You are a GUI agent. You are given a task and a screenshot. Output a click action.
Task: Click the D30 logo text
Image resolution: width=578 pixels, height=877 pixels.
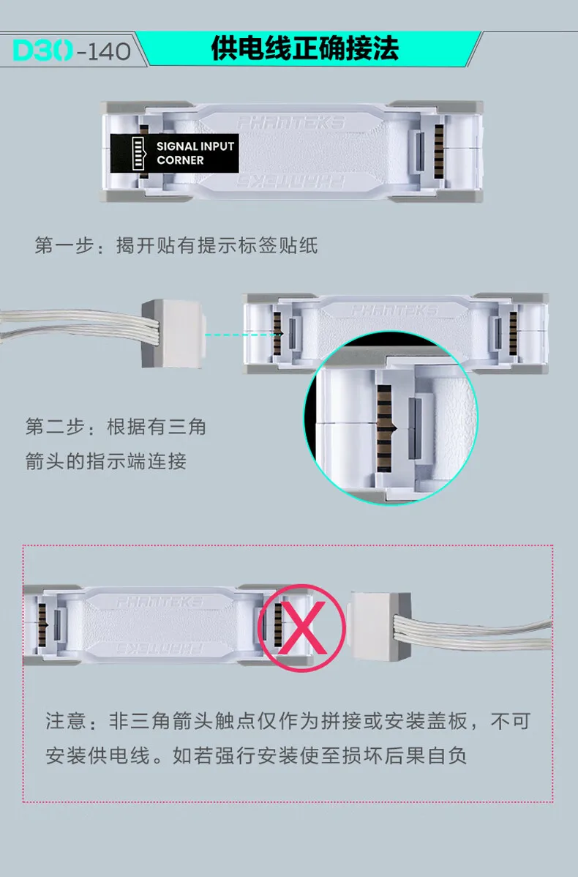point(43,51)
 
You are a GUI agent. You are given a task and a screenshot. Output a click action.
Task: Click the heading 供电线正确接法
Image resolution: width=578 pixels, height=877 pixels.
point(304,48)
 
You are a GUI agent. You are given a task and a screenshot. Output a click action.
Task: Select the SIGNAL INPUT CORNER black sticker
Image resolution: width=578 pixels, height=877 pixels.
point(174,153)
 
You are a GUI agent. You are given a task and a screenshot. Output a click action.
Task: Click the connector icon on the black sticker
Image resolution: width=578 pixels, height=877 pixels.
point(138,153)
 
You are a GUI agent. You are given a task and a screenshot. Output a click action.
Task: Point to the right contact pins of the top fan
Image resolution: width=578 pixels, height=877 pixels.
point(439,152)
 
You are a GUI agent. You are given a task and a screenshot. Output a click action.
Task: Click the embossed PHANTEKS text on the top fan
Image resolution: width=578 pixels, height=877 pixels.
point(290,122)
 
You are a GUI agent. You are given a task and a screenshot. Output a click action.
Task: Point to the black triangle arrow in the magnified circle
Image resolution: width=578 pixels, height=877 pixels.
point(394,428)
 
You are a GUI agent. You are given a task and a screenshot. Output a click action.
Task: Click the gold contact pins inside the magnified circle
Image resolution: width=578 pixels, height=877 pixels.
point(383,428)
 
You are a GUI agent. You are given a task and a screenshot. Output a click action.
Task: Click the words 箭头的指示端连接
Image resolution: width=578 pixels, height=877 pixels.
point(105,461)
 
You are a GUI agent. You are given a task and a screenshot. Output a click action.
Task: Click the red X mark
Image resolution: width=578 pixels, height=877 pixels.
point(302,627)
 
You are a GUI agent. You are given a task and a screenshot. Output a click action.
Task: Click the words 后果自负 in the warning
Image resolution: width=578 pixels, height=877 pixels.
point(425,755)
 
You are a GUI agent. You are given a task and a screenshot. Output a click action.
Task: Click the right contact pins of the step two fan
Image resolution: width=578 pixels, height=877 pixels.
point(513,333)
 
